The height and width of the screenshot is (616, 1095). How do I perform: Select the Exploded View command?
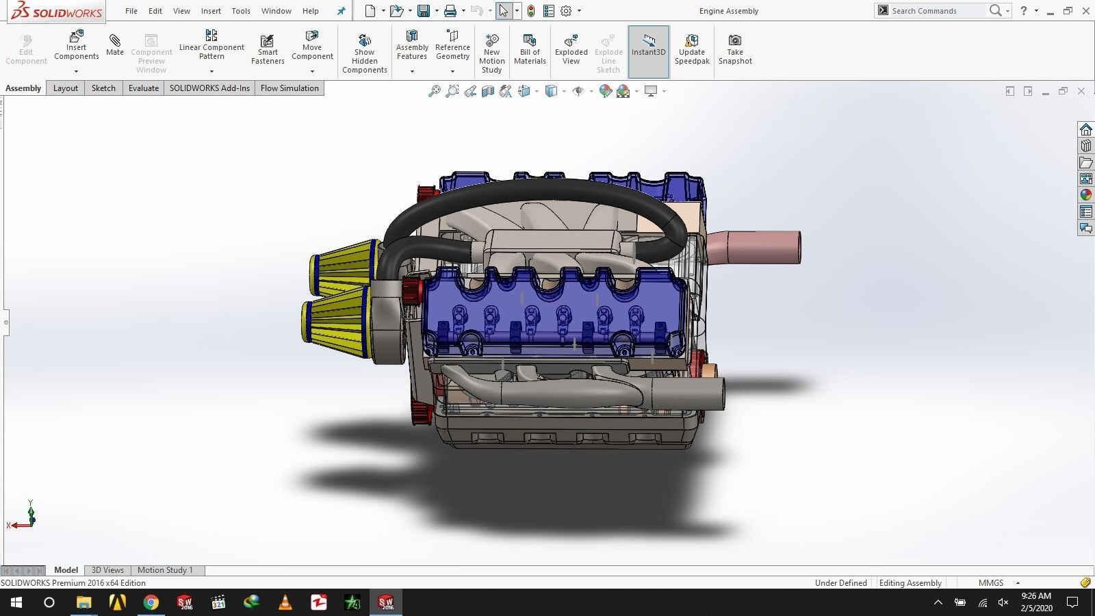(571, 49)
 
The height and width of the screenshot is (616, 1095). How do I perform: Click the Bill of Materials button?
(530, 49)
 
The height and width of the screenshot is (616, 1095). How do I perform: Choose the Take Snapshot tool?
(734, 49)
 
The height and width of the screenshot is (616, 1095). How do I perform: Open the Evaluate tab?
(143, 88)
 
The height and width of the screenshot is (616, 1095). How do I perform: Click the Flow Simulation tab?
(289, 88)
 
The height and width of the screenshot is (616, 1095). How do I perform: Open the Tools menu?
(240, 11)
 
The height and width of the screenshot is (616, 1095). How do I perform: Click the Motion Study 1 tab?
(165, 570)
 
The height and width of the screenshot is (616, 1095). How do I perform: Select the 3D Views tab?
(107, 570)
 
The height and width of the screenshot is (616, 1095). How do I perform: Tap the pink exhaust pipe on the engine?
(760, 247)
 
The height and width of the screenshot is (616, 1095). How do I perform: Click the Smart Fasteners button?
(268, 49)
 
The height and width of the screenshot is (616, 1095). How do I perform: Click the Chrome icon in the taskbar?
(151, 602)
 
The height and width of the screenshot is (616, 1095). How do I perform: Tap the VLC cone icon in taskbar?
(285, 602)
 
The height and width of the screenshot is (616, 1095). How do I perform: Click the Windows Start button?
(16, 602)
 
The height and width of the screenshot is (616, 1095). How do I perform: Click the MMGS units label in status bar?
(990, 583)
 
